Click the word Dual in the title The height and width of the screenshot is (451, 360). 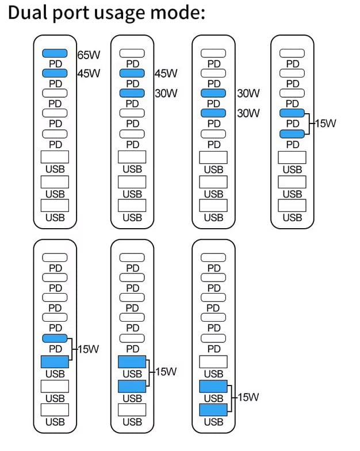[29, 13]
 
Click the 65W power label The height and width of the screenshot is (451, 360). [89, 55]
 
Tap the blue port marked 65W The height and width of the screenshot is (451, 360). [55, 53]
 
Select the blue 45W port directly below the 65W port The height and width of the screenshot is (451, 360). [55, 73]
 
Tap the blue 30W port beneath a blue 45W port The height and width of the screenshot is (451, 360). [132, 93]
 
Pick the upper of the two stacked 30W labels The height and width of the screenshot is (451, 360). [248, 93]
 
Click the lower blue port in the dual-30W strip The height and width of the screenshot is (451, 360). [213, 113]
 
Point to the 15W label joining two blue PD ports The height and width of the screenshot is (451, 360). [324, 122]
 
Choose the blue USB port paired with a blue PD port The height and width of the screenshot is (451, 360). [55, 362]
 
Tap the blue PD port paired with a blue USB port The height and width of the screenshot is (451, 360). [55, 338]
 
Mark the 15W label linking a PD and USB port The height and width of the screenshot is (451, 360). [87, 349]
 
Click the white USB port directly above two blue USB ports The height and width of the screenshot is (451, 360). [213, 362]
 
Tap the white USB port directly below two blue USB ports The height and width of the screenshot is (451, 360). [132, 410]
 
